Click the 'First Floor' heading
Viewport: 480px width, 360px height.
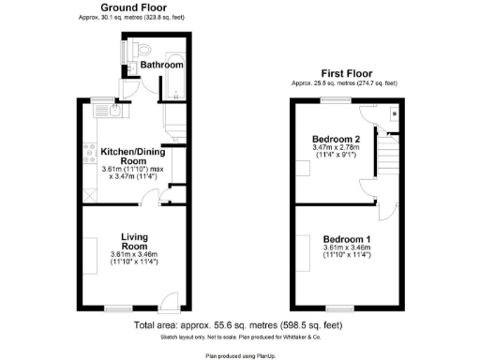[x=346, y=73]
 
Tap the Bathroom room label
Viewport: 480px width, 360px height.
[x=161, y=65]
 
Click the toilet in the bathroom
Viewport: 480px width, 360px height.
[x=142, y=46]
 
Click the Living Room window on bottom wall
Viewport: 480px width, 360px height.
[x=117, y=308]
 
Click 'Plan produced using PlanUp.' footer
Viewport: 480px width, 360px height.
[x=239, y=354]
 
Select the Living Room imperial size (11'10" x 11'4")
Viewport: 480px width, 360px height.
[x=133, y=262]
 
